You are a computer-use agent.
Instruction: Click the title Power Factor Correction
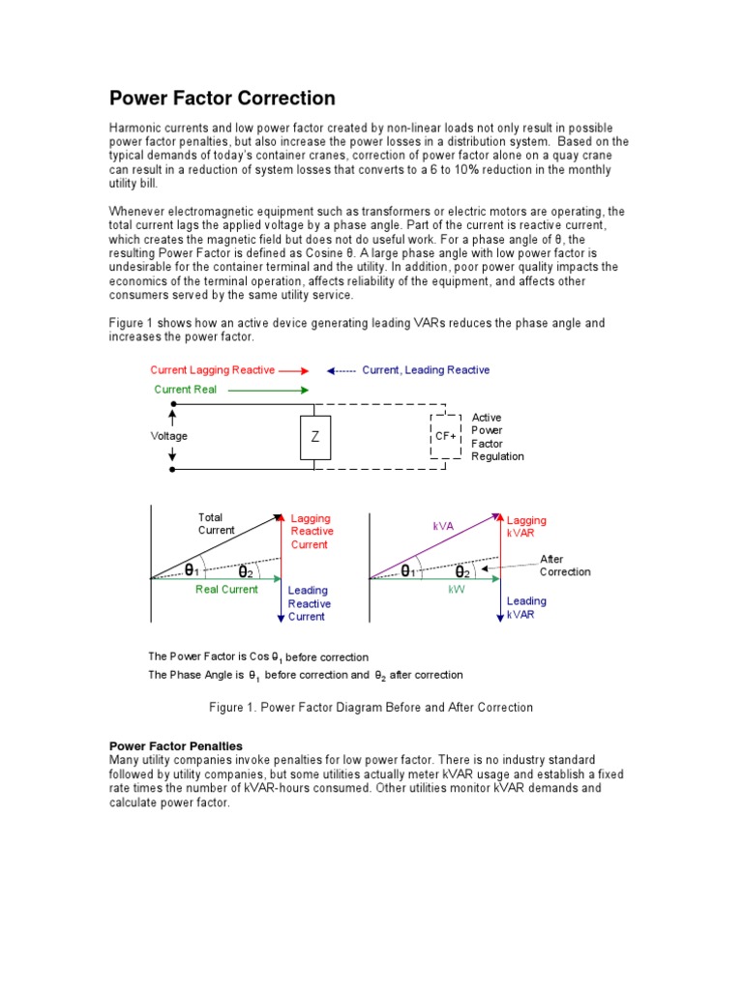[x=223, y=99]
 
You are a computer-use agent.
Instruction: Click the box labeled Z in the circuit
[x=314, y=436]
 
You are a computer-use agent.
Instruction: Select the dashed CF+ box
[x=446, y=436]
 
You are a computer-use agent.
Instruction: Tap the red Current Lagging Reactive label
[x=213, y=370]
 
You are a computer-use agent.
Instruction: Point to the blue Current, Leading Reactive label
[x=426, y=370]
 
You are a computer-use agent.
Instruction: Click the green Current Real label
[x=186, y=390]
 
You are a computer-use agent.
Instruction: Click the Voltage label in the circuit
[x=169, y=436]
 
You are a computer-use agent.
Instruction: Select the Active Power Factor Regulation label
[x=497, y=437]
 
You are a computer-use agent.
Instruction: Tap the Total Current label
[x=216, y=524]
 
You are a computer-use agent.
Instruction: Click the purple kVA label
[x=444, y=527]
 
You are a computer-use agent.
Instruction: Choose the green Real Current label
[x=226, y=590]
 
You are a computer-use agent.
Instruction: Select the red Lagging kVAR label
[x=526, y=527]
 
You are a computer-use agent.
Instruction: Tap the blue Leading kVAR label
[x=526, y=607]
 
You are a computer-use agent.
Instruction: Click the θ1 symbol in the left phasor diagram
[x=193, y=570]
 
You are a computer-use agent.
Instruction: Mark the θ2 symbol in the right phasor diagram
[x=463, y=571]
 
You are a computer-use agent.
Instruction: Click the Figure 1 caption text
[x=371, y=708]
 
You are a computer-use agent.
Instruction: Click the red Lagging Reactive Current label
[x=312, y=532]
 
